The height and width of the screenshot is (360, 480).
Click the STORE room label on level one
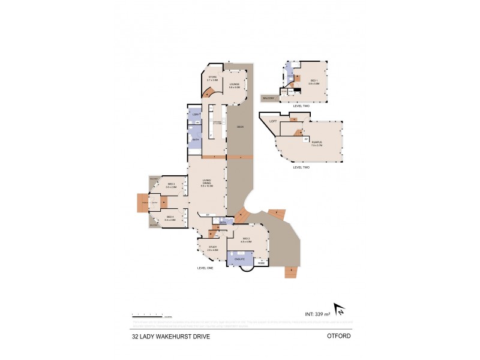click(x=212, y=77)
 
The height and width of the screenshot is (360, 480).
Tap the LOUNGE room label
click(x=234, y=85)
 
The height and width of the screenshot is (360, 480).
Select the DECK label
click(x=239, y=127)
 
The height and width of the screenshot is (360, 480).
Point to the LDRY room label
click(x=195, y=114)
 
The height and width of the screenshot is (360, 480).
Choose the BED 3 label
click(x=170, y=185)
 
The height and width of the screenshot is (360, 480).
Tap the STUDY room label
click(x=212, y=247)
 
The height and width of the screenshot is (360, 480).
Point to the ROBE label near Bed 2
click(x=261, y=263)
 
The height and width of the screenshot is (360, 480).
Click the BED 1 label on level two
click(x=313, y=80)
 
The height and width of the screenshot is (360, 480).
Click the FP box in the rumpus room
click(x=306, y=139)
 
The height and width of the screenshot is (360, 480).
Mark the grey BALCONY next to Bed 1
click(x=268, y=97)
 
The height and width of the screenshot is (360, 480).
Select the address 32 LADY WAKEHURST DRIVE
click(x=171, y=337)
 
